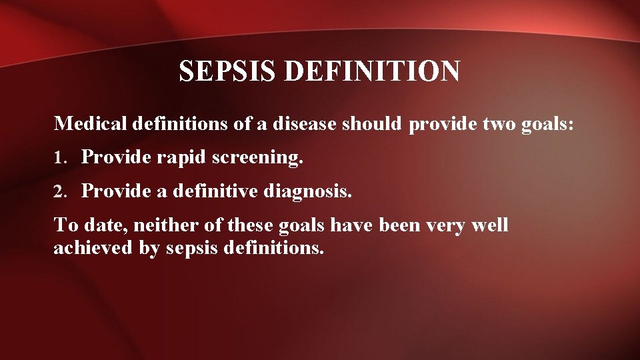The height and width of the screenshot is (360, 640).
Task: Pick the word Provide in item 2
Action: point(116,192)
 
